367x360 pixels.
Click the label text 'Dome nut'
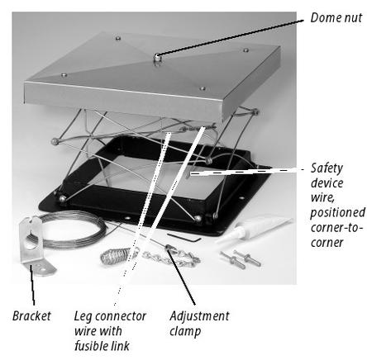(x=336, y=17)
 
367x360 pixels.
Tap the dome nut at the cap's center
(x=157, y=58)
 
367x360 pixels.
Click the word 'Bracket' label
(x=31, y=315)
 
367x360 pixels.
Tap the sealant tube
(x=253, y=230)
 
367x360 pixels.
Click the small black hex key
(x=184, y=237)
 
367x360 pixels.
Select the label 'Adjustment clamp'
(x=199, y=324)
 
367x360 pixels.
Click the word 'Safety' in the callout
(x=326, y=168)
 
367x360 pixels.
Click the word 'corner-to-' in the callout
(x=336, y=228)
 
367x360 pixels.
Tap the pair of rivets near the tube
(x=240, y=259)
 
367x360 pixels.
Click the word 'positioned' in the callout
(x=338, y=212)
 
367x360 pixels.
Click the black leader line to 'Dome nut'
(x=230, y=37)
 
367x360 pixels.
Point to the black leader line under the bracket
(x=32, y=284)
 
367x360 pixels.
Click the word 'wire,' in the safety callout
(x=322, y=197)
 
